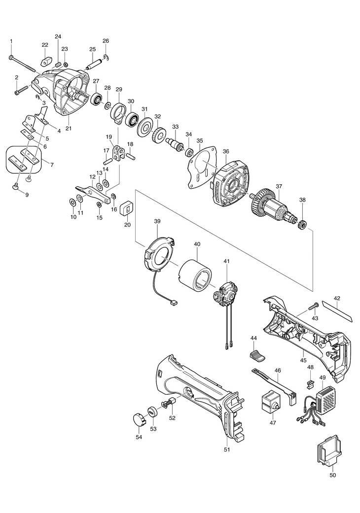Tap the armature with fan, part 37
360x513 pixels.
coord(274,207)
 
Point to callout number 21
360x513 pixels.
coord(69,129)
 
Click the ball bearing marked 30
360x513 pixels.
coord(132,119)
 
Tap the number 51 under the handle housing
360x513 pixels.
coord(227,449)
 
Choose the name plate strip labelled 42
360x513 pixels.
coord(338,311)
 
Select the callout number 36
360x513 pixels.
coord(225,151)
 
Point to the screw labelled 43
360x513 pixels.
coord(313,308)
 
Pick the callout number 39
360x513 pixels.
coord(157,222)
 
